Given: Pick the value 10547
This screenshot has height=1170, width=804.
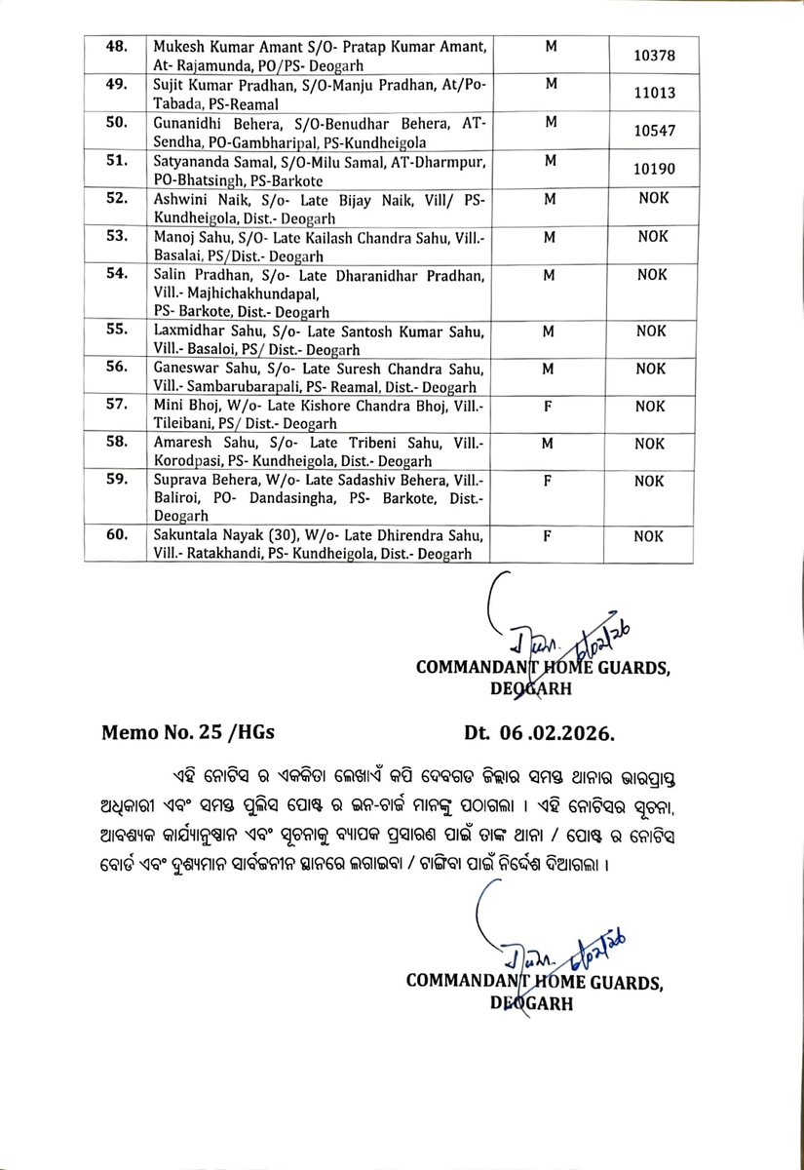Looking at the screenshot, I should click(x=648, y=130).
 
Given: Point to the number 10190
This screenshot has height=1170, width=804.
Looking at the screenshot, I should click(x=648, y=169).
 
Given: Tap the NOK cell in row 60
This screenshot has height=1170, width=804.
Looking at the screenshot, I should click(x=649, y=536).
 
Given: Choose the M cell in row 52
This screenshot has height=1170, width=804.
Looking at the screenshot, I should click(x=550, y=199).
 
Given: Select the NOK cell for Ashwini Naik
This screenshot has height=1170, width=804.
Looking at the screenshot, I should click(x=649, y=199).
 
